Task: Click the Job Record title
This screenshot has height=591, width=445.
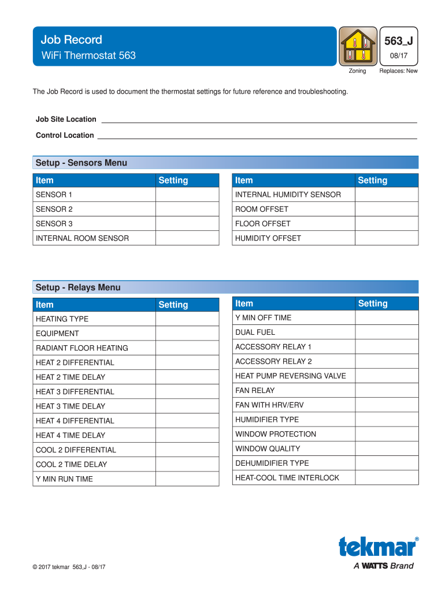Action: (x=71, y=40)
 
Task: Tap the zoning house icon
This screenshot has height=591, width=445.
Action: (x=357, y=46)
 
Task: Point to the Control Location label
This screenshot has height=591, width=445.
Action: (x=65, y=136)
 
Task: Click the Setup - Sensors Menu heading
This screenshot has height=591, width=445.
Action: (x=81, y=163)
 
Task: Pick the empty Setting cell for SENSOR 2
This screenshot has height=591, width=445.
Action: (x=187, y=209)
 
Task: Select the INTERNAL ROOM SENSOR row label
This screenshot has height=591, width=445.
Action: (x=82, y=238)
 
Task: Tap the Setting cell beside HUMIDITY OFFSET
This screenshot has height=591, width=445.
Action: (x=386, y=238)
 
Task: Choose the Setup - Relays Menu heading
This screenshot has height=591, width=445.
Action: (x=78, y=287)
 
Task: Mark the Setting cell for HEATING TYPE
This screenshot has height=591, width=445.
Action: (x=187, y=319)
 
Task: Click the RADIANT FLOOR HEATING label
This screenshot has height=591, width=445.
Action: (x=82, y=348)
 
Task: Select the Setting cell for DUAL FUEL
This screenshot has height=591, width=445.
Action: (x=386, y=332)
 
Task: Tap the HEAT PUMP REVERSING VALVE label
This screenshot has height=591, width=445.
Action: (x=290, y=376)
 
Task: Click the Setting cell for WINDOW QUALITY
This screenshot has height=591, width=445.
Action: (x=386, y=448)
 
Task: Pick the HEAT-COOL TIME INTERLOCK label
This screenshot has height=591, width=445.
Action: (x=287, y=477)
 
